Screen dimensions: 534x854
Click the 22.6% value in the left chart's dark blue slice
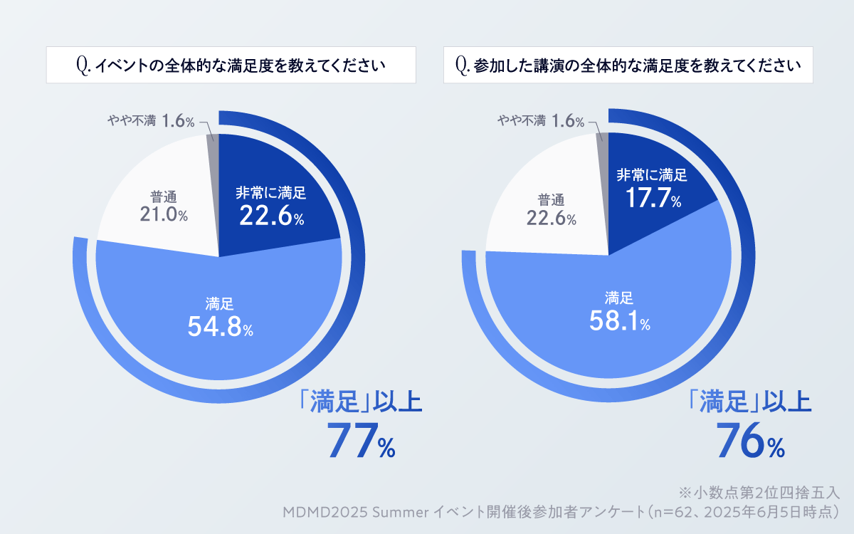click(x=271, y=216)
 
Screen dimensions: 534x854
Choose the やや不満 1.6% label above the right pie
click(x=541, y=121)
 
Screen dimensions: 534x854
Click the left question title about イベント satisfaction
click(x=231, y=66)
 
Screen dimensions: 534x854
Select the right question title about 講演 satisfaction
click(x=628, y=66)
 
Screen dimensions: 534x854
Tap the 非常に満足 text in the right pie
click(x=652, y=175)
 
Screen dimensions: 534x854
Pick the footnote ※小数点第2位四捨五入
click(x=759, y=493)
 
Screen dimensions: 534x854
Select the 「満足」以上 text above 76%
click(x=750, y=403)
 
